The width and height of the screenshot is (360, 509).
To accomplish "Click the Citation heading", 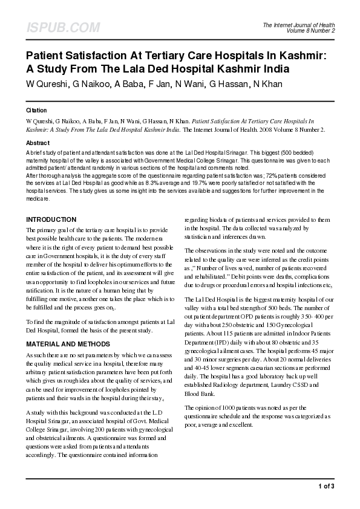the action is click(x=36, y=111).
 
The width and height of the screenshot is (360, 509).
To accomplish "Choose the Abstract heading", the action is click(x=38, y=143).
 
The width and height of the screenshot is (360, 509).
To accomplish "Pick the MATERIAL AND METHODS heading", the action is click(x=68, y=343).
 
